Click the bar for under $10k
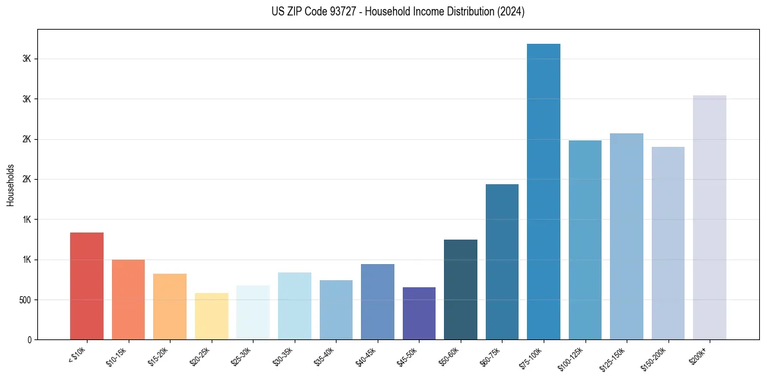tap(87, 286)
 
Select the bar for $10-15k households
tap(128, 299)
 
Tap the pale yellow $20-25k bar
tap(211, 316)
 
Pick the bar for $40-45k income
tap(377, 301)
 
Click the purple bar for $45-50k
tap(419, 313)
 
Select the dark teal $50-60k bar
tap(460, 289)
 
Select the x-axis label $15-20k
tap(158, 356)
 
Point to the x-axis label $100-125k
tap(570, 357)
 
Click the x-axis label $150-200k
tap(653, 357)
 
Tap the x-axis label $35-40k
tap(324, 356)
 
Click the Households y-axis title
tap(10, 185)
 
